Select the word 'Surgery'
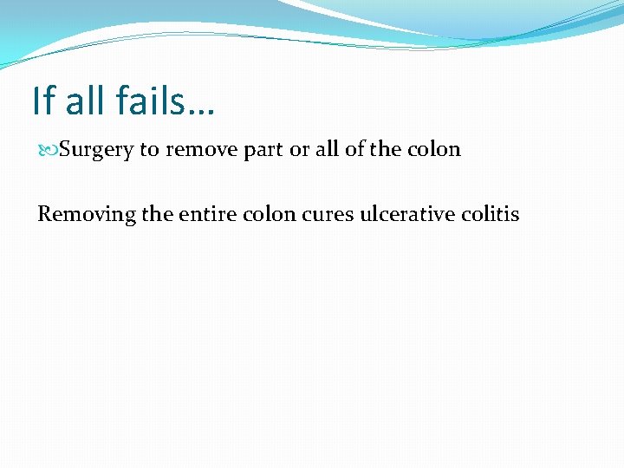(96, 150)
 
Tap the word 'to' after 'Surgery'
(149, 150)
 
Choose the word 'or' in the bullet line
(299, 150)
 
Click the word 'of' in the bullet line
(354, 149)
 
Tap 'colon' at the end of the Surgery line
(434, 149)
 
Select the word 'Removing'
(86, 213)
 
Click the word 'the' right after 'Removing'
(157, 213)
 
